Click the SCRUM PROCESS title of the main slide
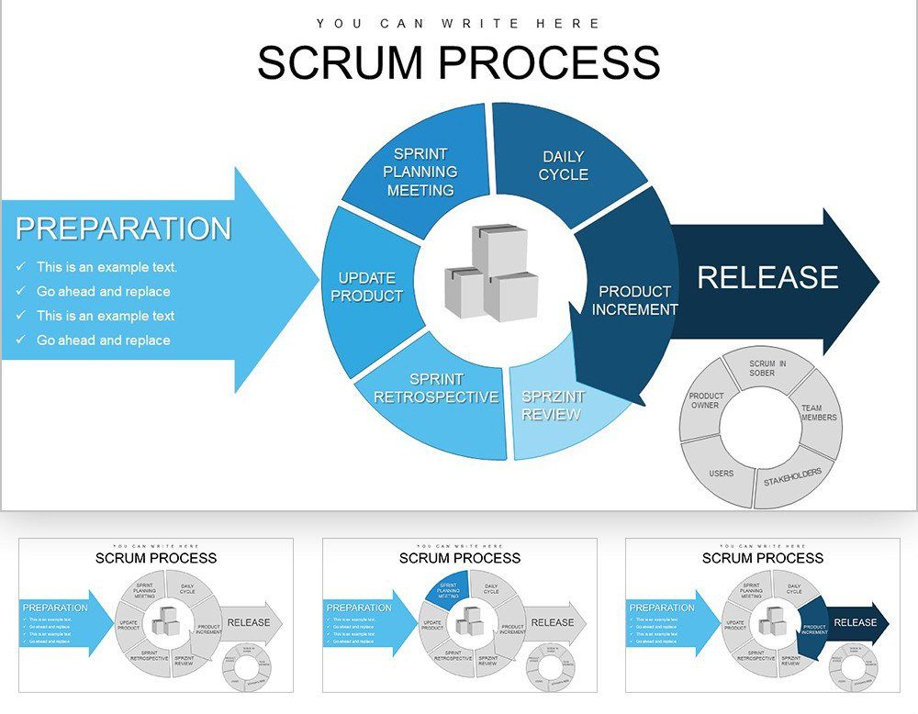pos(458,62)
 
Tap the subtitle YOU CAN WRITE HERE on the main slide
pos(458,24)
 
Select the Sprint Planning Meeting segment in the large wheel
pos(420,172)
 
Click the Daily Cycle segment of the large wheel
pos(563,165)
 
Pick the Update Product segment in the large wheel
pos(366,287)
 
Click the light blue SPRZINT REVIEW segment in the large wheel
pos(550,406)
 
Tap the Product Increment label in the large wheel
pos(634,300)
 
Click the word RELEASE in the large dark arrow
pos(767,277)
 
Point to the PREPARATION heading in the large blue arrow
pos(123,229)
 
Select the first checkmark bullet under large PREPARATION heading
pos(21,267)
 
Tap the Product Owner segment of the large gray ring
pos(705,400)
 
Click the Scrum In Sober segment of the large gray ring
pos(767,368)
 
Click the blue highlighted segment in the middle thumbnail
pos(447,588)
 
